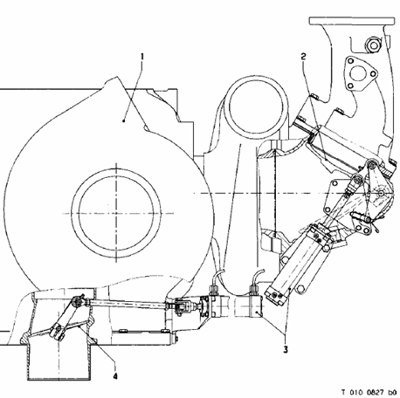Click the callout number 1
[x=142, y=56]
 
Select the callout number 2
[x=304, y=57]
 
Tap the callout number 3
[x=286, y=349]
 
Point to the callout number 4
[x=115, y=376]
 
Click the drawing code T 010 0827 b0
[x=369, y=393]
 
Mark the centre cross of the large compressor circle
[x=116, y=214]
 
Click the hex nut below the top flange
[x=373, y=45]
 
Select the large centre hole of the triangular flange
[x=358, y=73]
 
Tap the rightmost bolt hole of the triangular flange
[x=374, y=74]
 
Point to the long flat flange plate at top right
[x=352, y=21]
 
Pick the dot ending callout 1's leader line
[x=124, y=120]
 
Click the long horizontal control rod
[x=128, y=305]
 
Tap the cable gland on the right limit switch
[x=253, y=290]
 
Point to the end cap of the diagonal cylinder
[x=276, y=295]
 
